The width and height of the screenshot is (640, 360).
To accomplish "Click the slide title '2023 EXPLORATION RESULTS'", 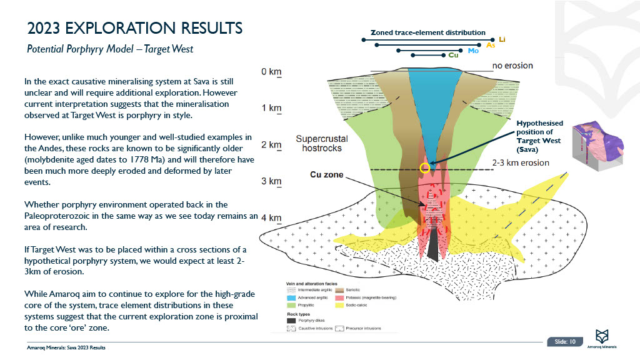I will tap(135, 29).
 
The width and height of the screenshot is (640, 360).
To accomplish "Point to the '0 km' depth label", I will tap(271, 72).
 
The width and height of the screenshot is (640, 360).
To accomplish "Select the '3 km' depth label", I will tap(271, 181).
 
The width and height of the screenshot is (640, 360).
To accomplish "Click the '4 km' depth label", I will tap(271, 217).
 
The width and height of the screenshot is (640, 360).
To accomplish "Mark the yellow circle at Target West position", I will tap(425, 167).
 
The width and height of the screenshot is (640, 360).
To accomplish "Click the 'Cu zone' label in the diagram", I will tap(327, 175).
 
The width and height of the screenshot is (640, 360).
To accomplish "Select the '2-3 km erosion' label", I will tap(521, 163).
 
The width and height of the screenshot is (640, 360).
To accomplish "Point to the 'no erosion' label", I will tap(512, 65).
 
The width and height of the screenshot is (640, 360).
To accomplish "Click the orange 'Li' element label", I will tap(502, 39).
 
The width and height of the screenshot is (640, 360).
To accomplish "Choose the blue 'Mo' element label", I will tap(473, 50).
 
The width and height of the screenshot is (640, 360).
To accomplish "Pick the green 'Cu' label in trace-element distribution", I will tap(454, 56).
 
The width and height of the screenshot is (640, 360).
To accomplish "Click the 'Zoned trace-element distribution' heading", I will tap(427, 32).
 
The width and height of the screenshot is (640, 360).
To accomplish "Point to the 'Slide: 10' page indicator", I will tap(565, 341).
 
